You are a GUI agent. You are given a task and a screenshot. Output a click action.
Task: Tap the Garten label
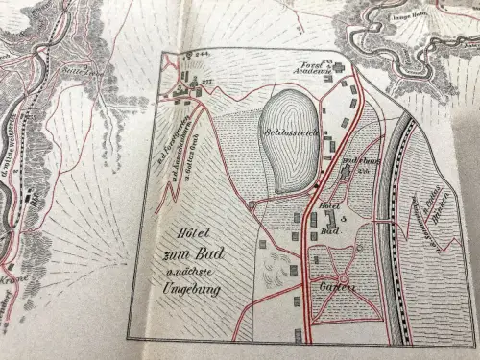point(336,287)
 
